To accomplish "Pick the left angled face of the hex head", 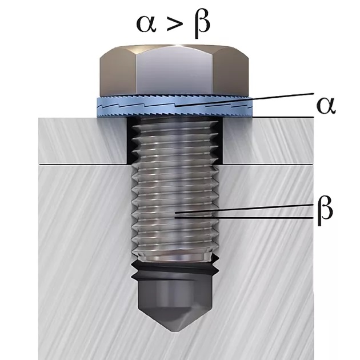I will pyautogui.click(x=118, y=71).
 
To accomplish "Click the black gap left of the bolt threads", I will pyautogui.click(x=129, y=143).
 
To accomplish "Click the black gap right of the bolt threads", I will pyautogui.click(x=219, y=143).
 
